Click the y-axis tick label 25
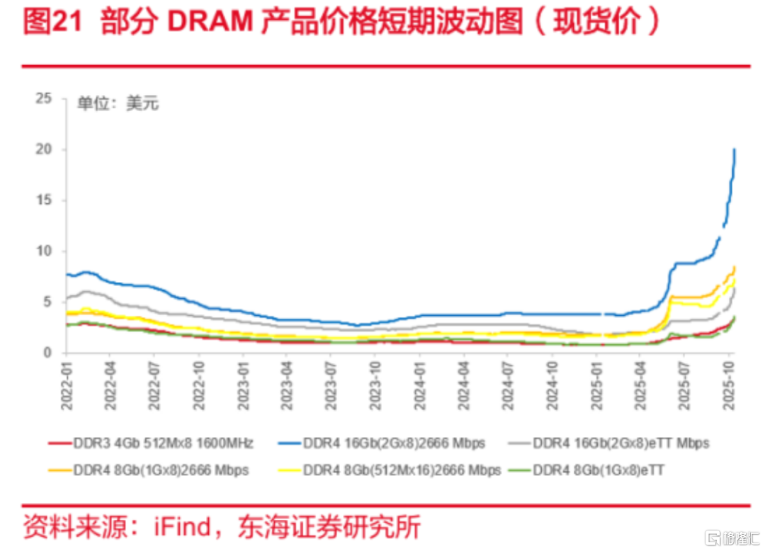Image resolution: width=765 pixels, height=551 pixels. [x=44, y=98]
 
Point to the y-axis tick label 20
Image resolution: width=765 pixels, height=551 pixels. [x=44, y=149]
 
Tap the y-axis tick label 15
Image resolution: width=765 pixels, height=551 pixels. [x=44, y=200]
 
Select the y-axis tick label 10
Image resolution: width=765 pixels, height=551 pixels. [x=44, y=251]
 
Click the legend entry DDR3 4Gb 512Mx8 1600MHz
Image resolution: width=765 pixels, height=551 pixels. [x=162, y=443]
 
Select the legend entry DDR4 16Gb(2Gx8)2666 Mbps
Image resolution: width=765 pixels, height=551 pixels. [x=394, y=443]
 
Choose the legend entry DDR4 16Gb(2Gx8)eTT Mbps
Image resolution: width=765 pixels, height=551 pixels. [x=620, y=443]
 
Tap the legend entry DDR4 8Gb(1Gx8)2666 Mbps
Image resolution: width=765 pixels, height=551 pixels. [x=161, y=470]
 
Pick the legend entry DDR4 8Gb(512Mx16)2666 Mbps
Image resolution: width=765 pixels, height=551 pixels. [x=402, y=470]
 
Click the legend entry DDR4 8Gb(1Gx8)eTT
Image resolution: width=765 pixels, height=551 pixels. [x=599, y=470]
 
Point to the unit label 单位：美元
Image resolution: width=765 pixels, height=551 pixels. [x=118, y=103]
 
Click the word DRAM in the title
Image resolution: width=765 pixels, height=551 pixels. [x=210, y=22]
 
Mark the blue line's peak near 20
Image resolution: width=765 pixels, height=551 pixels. [x=735, y=150]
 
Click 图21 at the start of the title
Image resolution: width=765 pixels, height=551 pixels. [x=55, y=22]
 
